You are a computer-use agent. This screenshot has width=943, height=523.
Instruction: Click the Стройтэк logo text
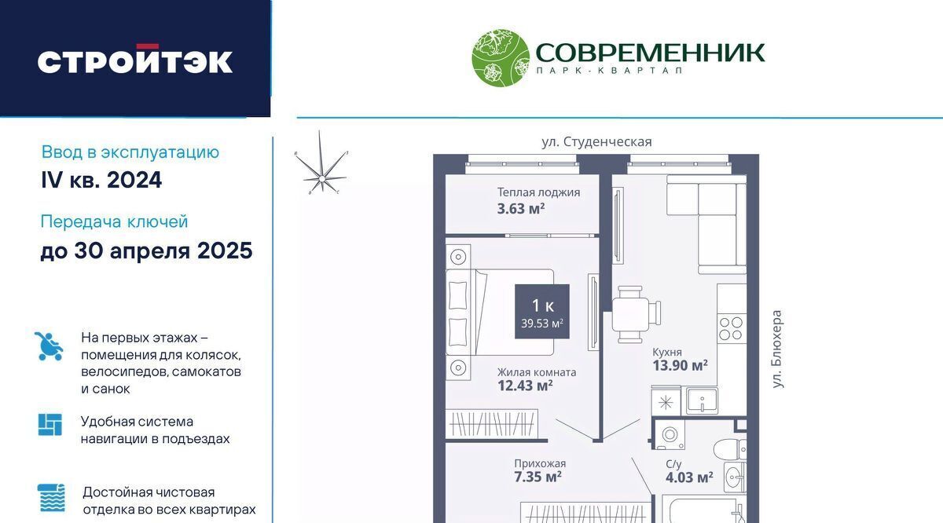(x=134, y=59)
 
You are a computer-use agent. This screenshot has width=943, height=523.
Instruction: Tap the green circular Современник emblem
(x=501, y=58)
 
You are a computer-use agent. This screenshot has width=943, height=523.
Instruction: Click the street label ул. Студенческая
(x=596, y=142)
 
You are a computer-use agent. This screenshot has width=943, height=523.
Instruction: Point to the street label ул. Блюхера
(x=777, y=349)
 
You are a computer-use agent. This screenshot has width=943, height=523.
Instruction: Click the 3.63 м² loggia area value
(x=521, y=209)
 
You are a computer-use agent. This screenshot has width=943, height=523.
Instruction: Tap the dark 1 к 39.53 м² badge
(x=542, y=311)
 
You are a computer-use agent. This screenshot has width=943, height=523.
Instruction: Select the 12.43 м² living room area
(x=525, y=386)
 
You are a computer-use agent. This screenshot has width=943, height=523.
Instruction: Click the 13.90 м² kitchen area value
(x=680, y=365)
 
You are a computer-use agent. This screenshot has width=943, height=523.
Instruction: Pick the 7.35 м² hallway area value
(x=538, y=477)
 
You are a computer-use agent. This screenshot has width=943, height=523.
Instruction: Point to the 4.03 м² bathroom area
(x=689, y=477)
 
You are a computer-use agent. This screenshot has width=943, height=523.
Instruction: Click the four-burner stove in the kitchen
(x=732, y=328)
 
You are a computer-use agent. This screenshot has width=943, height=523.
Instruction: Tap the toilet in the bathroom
(x=730, y=448)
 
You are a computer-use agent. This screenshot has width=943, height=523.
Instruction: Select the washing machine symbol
(x=669, y=434)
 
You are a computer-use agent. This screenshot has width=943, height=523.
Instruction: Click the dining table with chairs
(x=636, y=314)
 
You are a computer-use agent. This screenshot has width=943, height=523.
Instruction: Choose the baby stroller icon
(x=49, y=346)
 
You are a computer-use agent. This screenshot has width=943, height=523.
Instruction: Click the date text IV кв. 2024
(x=101, y=180)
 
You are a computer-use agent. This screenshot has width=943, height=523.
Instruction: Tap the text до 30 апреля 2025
(x=146, y=251)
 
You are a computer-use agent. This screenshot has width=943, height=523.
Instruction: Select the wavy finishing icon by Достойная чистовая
(x=51, y=498)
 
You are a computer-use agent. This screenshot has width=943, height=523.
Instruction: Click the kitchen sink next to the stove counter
(x=702, y=400)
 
